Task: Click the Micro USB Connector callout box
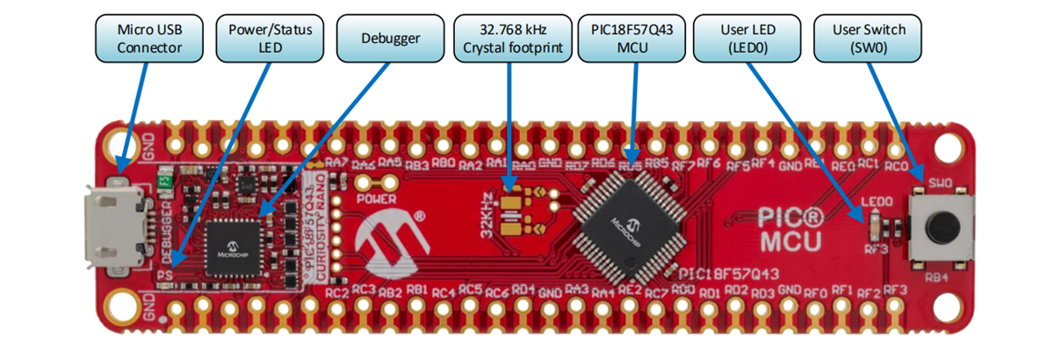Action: (x=149, y=38)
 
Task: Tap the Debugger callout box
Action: (x=389, y=38)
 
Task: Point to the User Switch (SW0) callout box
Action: (x=869, y=38)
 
